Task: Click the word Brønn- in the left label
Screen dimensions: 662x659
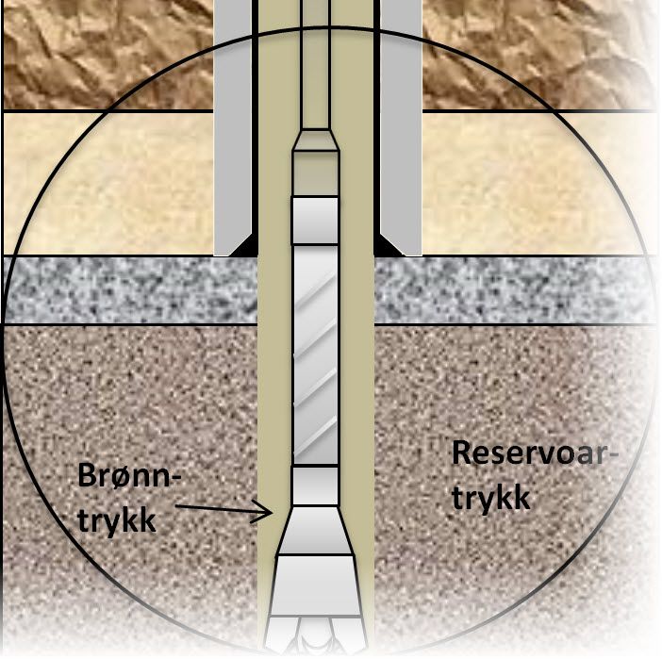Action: [129, 476]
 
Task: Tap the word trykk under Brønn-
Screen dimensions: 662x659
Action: [117, 521]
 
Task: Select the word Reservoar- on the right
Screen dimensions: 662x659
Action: [535, 453]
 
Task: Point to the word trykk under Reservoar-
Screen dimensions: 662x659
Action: [491, 499]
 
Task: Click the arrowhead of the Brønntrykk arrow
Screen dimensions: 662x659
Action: [265, 512]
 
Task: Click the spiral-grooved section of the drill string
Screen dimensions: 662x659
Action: [315, 354]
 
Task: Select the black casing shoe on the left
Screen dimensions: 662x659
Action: [243, 246]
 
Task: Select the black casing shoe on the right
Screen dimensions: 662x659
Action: [388, 246]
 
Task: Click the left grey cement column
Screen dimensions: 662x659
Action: [233, 126]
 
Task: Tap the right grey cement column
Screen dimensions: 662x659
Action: [401, 126]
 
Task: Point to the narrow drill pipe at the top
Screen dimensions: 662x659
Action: [315, 63]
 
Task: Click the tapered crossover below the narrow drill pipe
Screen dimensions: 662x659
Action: [315, 140]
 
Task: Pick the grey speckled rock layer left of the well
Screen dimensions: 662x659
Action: [130, 290]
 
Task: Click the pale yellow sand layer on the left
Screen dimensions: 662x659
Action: [108, 183]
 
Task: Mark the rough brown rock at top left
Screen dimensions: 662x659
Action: [108, 55]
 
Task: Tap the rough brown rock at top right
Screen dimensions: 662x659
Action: [537, 55]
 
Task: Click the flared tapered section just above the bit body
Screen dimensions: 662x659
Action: [315, 531]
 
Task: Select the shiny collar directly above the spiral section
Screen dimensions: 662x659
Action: [315, 221]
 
